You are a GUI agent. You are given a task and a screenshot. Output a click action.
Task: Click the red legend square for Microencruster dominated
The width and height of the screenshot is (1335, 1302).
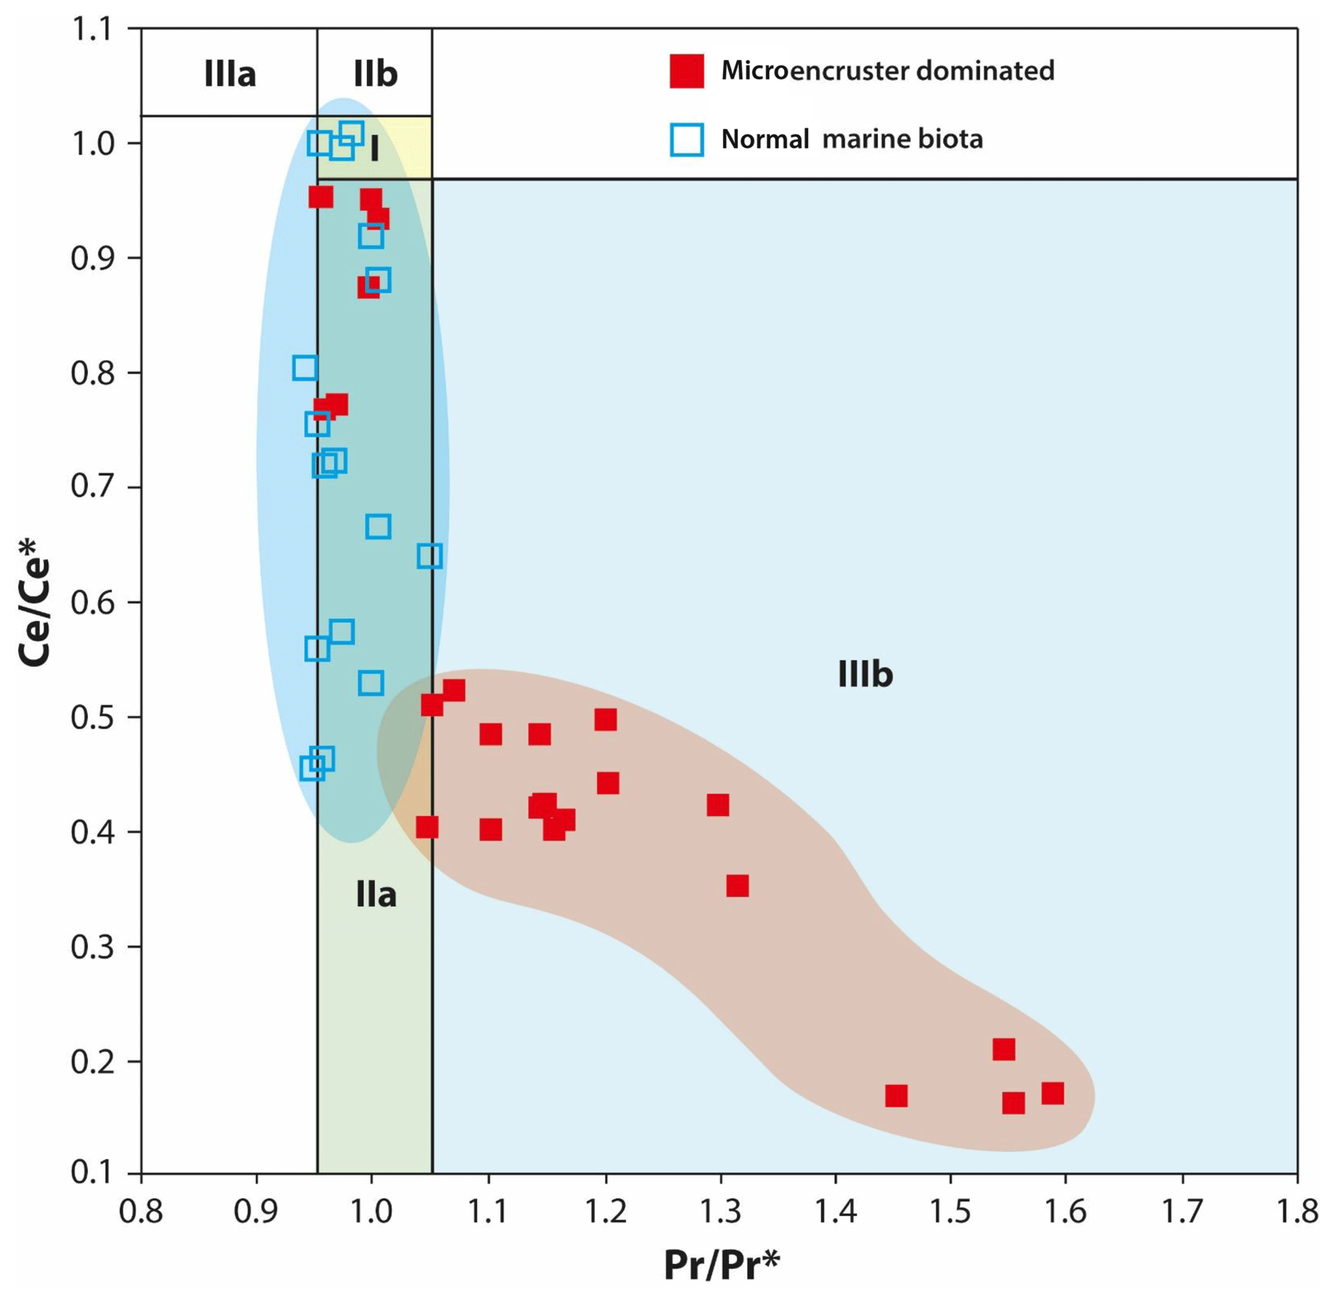(686, 71)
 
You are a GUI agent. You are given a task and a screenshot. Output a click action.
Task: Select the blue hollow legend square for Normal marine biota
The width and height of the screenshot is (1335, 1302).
(686, 139)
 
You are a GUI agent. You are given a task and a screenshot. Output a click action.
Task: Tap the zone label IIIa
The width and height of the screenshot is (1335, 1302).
(230, 74)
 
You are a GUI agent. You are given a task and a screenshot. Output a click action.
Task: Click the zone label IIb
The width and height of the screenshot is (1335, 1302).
(375, 74)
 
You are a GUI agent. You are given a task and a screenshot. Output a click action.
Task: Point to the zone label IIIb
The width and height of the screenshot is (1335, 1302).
(865, 675)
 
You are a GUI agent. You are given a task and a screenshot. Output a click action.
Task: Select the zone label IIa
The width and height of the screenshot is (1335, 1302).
(376, 895)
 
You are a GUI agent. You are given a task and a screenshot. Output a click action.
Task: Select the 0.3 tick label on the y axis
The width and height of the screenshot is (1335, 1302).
(93, 947)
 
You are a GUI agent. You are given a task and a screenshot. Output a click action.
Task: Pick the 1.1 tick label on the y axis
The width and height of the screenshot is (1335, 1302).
(93, 30)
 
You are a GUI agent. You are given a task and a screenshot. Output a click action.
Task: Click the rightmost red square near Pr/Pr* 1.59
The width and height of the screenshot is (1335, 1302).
(1053, 1093)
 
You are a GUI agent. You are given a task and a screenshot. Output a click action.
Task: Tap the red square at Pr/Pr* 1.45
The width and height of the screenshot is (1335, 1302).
(896, 1096)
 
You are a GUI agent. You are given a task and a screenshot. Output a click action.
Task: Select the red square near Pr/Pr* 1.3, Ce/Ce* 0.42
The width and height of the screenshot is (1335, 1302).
(718, 805)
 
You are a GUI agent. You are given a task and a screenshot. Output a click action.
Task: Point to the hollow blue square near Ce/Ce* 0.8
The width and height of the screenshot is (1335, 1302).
(304, 368)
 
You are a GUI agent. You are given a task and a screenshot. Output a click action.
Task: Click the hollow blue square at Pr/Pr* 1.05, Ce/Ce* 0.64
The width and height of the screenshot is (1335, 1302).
(429, 556)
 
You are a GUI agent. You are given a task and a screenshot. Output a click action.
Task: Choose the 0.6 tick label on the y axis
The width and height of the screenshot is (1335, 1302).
(93, 603)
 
